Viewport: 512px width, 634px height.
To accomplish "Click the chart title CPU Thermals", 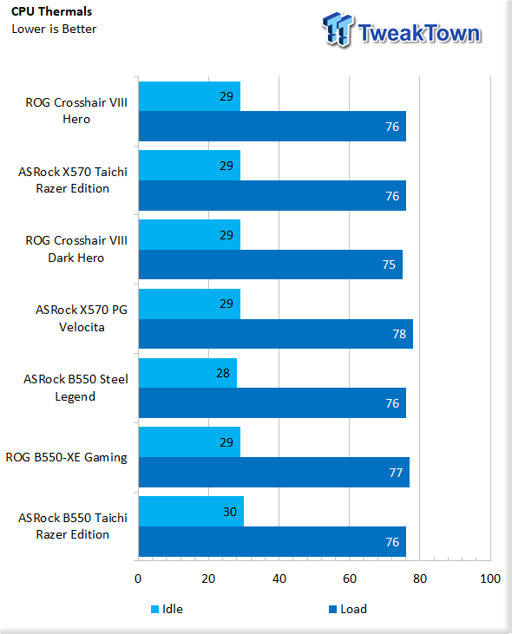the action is pyautogui.click(x=51, y=11).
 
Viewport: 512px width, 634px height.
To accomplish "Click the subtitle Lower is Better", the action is pyautogui.click(x=54, y=29).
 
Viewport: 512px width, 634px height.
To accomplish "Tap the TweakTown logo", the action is pyautogui.click(x=401, y=29).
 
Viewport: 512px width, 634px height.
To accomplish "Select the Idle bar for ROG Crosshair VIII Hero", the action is pyautogui.click(x=189, y=96).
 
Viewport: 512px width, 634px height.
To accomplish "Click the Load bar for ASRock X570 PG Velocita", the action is pyautogui.click(x=276, y=334).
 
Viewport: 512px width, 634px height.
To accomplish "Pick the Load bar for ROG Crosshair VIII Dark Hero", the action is pyautogui.click(x=271, y=265).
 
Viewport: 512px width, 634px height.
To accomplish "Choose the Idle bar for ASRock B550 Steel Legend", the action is pyautogui.click(x=187, y=373).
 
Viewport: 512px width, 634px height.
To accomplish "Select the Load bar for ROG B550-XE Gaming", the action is pyautogui.click(x=274, y=473).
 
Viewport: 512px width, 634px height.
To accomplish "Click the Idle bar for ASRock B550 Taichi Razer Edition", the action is pyautogui.click(x=191, y=512).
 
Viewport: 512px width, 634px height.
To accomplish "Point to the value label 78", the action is pyautogui.click(x=399, y=334).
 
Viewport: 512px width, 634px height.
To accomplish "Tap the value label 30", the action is pyautogui.click(x=230, y=512).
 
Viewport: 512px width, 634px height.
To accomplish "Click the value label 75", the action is pyautogui.click(x=389, y=265).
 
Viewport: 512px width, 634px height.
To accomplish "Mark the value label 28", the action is pyautogui.click(x=223, y=373).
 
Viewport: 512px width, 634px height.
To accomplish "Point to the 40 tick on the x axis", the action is pyautogui.click(x=279, y=578).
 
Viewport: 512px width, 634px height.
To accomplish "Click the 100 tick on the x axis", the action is pyautogui.click(x=490, y=578).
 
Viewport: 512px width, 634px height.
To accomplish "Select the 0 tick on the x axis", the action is pyautogui.click(x=138, y=578).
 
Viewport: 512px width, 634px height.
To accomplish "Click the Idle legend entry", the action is pyautogui.click(x=167, y=609).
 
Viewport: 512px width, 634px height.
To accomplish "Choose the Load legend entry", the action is pyautogui.click(x=348, y=609).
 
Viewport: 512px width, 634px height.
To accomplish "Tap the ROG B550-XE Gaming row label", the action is pyautogui.click(x=66, y=457).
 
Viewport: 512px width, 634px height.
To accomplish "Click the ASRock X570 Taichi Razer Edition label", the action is pyautogui.click(x=73, y=180).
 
